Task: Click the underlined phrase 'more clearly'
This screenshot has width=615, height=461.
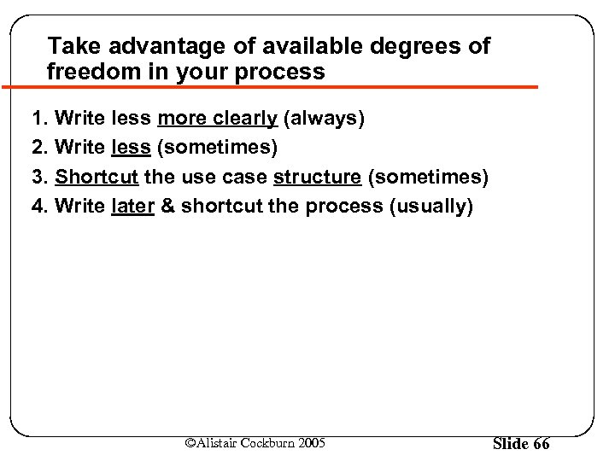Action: (x=217, y=118)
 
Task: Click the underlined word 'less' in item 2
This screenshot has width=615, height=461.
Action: (x=131, y=148)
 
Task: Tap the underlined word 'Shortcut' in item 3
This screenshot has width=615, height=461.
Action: (x=97, y=177)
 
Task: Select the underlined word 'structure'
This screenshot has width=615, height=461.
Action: (x=317, y=177)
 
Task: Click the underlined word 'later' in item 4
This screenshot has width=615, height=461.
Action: (x=132, y=206)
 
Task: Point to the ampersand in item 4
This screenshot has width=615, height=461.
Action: (x=167, y=206)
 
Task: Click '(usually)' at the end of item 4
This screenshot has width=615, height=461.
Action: (x=430, y=206)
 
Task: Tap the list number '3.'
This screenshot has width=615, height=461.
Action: (x=39, y=177)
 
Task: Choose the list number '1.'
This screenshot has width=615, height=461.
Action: (x=39, y=118)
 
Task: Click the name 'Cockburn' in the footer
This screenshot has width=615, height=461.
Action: (x=268, y=442)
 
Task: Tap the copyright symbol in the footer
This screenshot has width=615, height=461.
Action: (x=191, y=442)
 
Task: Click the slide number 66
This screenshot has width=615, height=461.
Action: (x=541, y=443)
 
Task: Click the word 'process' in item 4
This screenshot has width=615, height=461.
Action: (x=344, y=206)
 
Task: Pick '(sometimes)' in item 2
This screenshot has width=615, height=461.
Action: (x=218, y=148)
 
